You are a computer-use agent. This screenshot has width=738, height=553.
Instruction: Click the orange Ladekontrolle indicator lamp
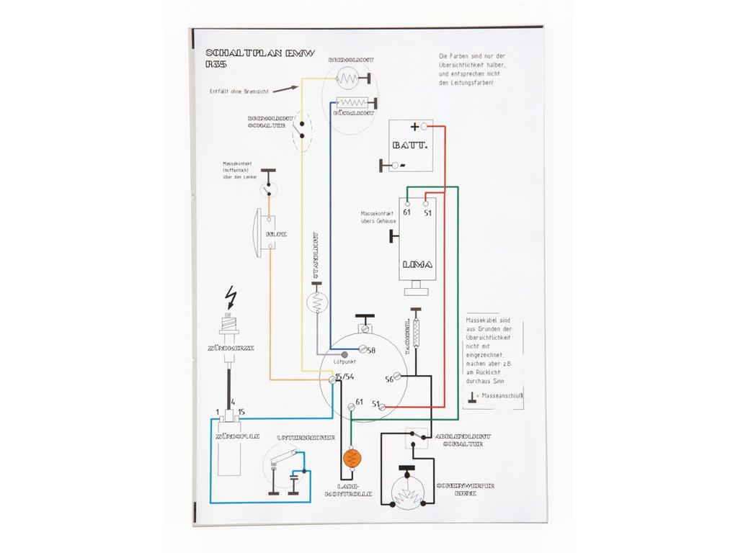coord(352,457)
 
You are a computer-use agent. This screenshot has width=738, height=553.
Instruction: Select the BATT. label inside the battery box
coord(410,145)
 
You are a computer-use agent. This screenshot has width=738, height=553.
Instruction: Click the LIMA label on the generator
coord(417,264)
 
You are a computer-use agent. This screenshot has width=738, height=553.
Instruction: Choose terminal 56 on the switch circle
coord(389,379)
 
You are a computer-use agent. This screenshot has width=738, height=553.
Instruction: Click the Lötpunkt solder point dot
coord(344,355)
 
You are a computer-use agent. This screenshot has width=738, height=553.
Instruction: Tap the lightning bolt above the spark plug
coord(231,296)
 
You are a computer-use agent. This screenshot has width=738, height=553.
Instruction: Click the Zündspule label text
coord(233,437)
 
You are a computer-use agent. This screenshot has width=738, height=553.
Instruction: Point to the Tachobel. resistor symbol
coord(416,331)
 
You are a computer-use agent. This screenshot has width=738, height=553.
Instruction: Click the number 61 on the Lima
coord(407,212)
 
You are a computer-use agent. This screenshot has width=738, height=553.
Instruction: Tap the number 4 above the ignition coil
coord(232,403)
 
